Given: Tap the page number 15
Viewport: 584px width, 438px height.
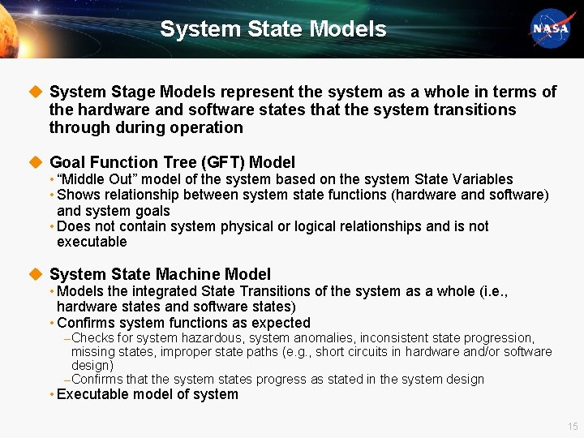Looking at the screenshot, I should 573,427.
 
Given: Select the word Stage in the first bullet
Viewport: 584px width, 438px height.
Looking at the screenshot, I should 123,92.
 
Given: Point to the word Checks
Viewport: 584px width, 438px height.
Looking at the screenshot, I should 92,337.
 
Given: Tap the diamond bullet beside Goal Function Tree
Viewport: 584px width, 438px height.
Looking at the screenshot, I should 35,162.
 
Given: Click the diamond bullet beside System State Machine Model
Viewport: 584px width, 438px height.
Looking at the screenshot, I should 35,274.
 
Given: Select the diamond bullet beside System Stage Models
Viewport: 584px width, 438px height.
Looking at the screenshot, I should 35,92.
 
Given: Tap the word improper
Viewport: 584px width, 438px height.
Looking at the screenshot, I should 188,351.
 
